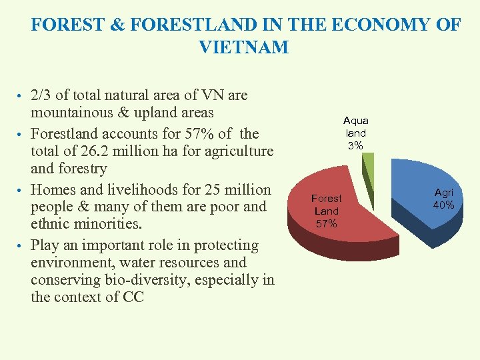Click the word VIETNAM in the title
tap(243, 47)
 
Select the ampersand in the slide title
tap(118, 25)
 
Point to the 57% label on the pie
tap(326, 223)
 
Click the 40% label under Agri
tap(443, 205)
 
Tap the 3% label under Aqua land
tap(355, 145)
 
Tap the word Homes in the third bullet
tap(55, 189)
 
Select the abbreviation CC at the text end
tap(133, 297)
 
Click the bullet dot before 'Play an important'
tap(21, 246)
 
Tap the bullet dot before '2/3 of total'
tap(21, 96)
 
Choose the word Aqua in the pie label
tap(355, 121)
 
